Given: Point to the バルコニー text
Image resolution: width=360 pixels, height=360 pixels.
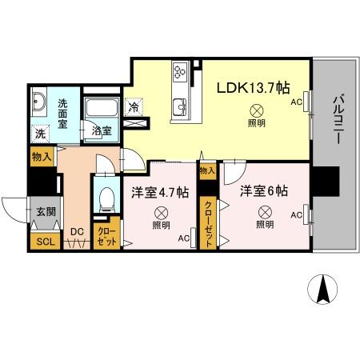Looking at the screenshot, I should tap(336, 118).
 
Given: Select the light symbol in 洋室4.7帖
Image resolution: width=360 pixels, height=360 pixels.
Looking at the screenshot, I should tap(161, 213).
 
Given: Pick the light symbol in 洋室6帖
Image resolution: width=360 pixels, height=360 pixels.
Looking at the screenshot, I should tap(264, 212).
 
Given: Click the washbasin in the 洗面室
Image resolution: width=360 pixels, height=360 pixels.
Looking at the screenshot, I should tap(41, 102).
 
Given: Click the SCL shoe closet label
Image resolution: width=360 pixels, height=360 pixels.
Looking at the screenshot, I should tap(42, 241).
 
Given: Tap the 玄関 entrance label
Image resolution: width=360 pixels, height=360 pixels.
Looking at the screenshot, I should tap(45, 212).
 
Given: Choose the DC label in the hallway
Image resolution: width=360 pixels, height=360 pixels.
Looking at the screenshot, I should tap(77, 233).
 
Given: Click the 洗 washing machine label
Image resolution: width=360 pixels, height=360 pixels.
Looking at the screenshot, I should tap(40, 134).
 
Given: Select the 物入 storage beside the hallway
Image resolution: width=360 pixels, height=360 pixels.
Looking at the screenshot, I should tap(42, 158).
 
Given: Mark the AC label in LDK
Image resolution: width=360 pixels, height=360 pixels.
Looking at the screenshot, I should tap(296, 102).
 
